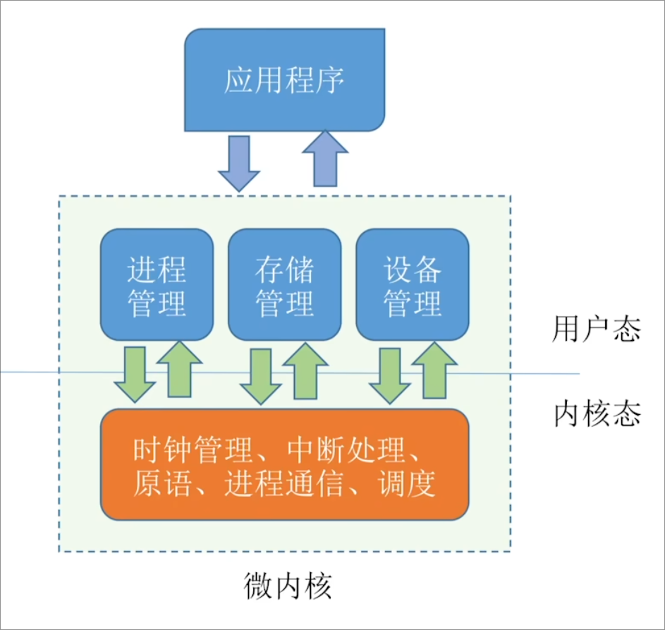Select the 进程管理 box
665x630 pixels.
coord(157,285)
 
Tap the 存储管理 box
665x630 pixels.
coord(284,285)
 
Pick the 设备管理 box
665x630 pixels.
coord(413,285)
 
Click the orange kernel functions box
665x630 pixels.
coord(285,464)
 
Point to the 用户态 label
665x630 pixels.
coord(596,329)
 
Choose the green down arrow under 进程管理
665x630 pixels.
coord(134,372)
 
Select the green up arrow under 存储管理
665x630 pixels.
coord(306,369)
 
